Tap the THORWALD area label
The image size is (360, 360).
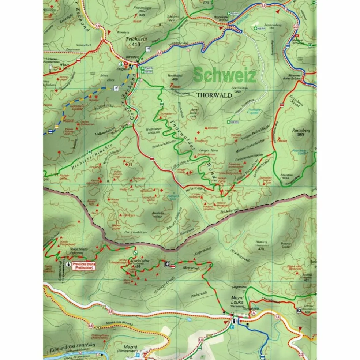pyautogui.click(x=214, y=95)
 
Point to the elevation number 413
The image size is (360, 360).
pyautogui.click(x=136, y=44)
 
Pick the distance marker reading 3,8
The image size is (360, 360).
pyautogui.click(x=111, y=312)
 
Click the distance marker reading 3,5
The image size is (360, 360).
pyautogui.click(x=90, y=325)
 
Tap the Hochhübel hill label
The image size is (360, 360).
pyautogui.click(x=172, y=75)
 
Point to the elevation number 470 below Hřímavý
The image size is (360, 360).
pyautogui.click(x=260, y=249)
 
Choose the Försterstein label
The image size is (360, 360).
pyautogui.click(x=240, y=88)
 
